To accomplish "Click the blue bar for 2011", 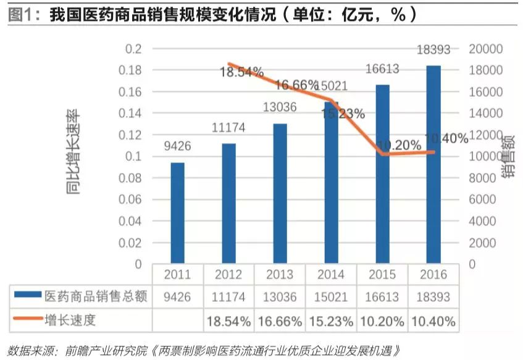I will pyautogui.click(x=177, y=213).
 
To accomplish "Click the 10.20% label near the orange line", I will pyautogui.click(x=398, y=145).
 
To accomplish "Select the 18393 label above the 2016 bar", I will pyautogui.click(x=434, y=50).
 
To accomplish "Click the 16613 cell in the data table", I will pyautogui.click(x=383, y=298).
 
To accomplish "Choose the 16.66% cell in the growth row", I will pyautogui.click(x=280, y=322).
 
